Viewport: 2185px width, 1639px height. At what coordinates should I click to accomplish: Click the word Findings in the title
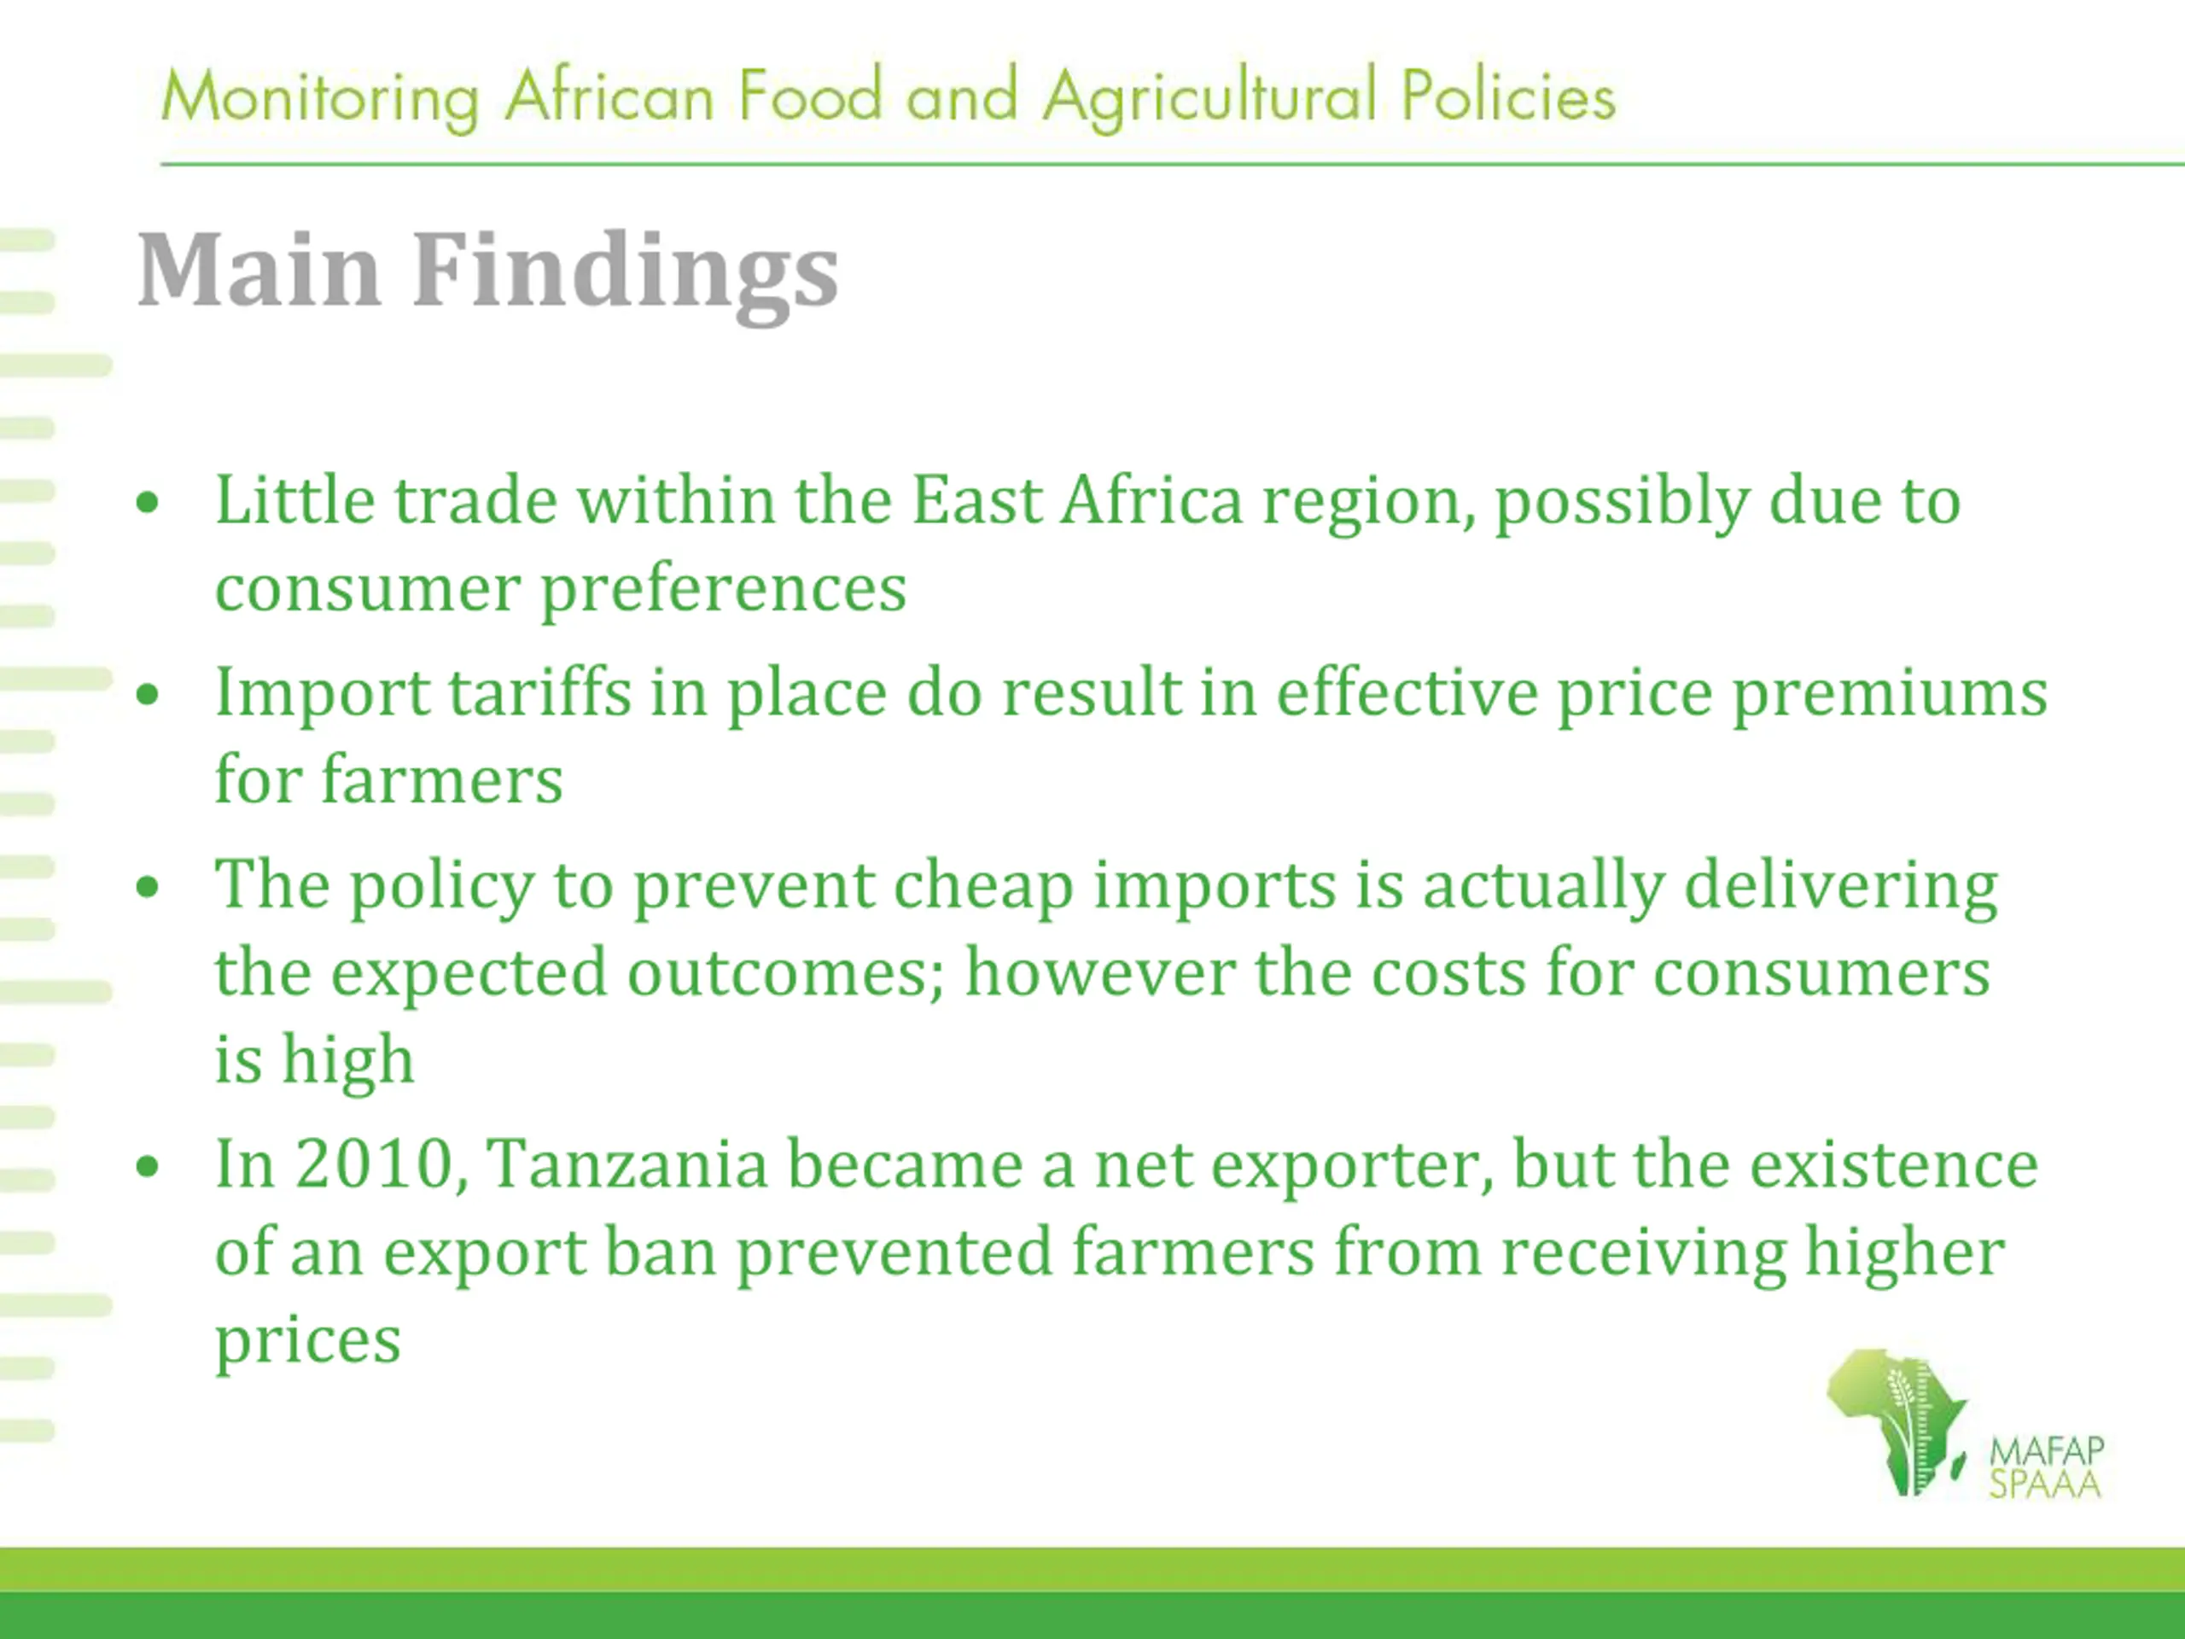click(626, 272)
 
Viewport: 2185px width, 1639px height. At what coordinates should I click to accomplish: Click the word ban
click(660, 1251)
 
